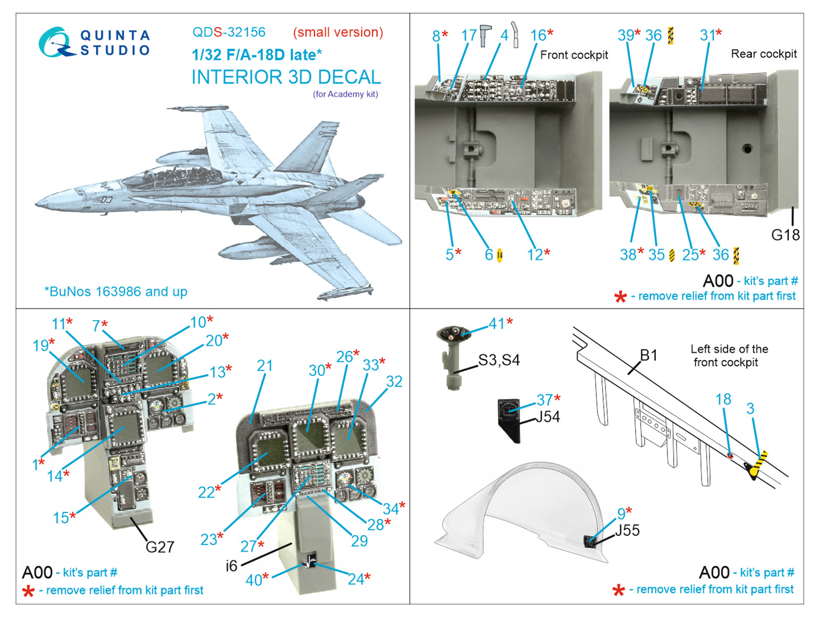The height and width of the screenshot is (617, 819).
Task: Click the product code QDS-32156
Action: click(229, 32)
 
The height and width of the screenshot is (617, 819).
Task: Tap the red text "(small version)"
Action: click(338, 32)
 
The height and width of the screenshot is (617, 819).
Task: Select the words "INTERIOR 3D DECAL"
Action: click(286, 77)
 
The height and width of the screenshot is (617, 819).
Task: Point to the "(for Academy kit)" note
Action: click(346, 94)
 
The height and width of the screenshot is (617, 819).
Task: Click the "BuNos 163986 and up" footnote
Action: click(116, 291)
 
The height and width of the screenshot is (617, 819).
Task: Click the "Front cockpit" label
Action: click(574, 55)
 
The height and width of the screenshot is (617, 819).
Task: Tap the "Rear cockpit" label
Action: click(764, 54)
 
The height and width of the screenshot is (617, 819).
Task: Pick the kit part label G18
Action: click(785, 235)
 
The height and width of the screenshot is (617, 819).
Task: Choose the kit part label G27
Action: click(160, 547)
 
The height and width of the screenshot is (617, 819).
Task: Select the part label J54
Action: click(548, 417)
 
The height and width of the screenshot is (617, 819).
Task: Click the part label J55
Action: click(627, 530)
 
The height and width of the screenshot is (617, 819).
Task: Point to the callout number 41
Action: click(497, 324)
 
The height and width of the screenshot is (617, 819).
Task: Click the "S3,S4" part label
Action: click(499, 360)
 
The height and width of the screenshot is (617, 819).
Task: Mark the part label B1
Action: click(649, 355)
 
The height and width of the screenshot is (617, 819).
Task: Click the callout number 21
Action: click(265, 366)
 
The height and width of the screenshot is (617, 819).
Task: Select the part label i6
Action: click(231, 565)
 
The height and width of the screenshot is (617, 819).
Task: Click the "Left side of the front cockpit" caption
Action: click(729, 355)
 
